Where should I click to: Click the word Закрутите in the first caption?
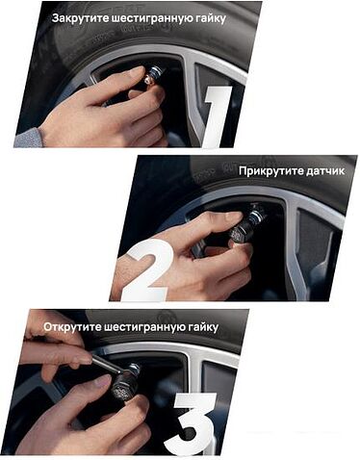coord(83,16)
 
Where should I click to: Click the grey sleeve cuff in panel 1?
coord(28,138)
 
